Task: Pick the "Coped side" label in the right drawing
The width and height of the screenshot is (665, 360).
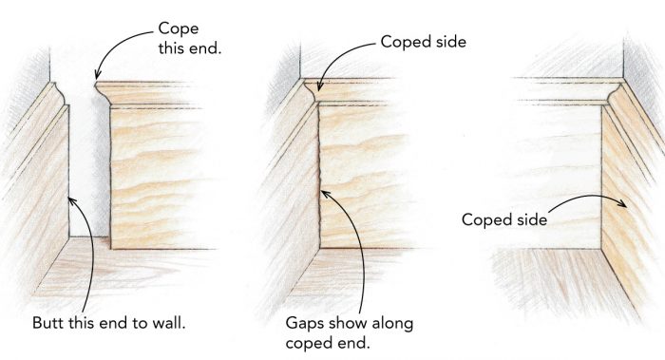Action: pos(504,219)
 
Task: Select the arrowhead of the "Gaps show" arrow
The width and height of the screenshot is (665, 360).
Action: pos(322,191)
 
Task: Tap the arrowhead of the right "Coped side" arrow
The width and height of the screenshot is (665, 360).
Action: pos(629,206)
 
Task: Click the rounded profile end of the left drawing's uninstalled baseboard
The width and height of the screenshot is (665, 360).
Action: pos(101,93)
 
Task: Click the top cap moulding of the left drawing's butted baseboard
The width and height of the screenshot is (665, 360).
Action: pos(47,95)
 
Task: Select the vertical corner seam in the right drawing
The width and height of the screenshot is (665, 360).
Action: pos(602,180)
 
